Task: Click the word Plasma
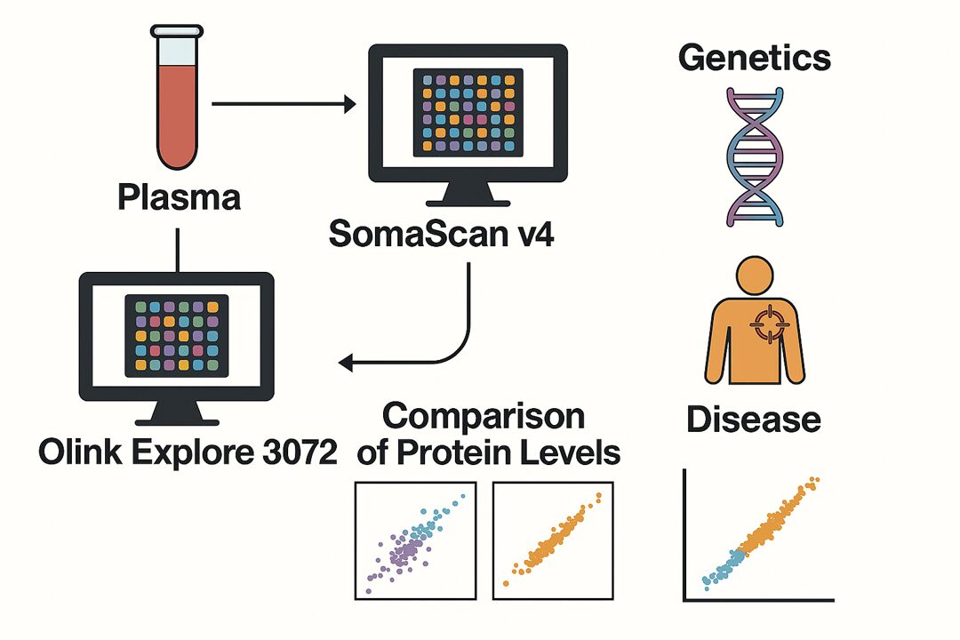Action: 179,197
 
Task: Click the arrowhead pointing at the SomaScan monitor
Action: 348,105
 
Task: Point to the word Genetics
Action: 755,58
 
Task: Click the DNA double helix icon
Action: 753,156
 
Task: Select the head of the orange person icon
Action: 753,276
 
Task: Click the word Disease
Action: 754,420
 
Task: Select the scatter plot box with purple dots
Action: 415,540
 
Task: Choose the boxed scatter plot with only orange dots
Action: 553,540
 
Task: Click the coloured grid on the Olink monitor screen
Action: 177,335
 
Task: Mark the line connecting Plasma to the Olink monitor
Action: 179,250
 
